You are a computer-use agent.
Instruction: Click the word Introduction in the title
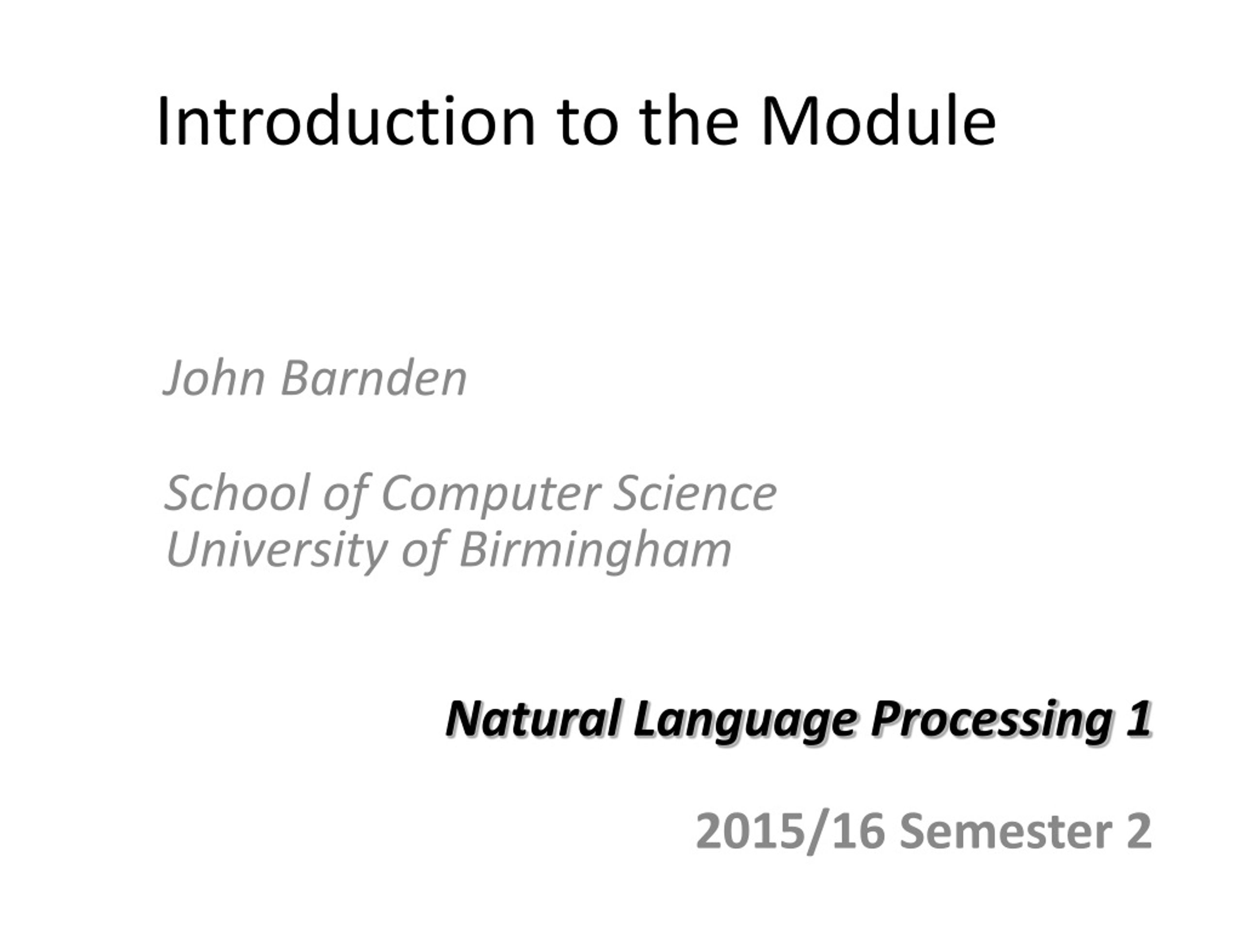pos(346,121)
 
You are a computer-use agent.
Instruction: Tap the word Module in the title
pos(878,121)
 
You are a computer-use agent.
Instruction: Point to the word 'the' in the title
pos(688,121)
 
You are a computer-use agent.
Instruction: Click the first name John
pos(214,378)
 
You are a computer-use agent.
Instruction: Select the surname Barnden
pos(374,378)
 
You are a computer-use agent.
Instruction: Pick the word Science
pos(695,493)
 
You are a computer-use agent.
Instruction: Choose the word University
pos(276,550)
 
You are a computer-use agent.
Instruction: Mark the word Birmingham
pos(596,550)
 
